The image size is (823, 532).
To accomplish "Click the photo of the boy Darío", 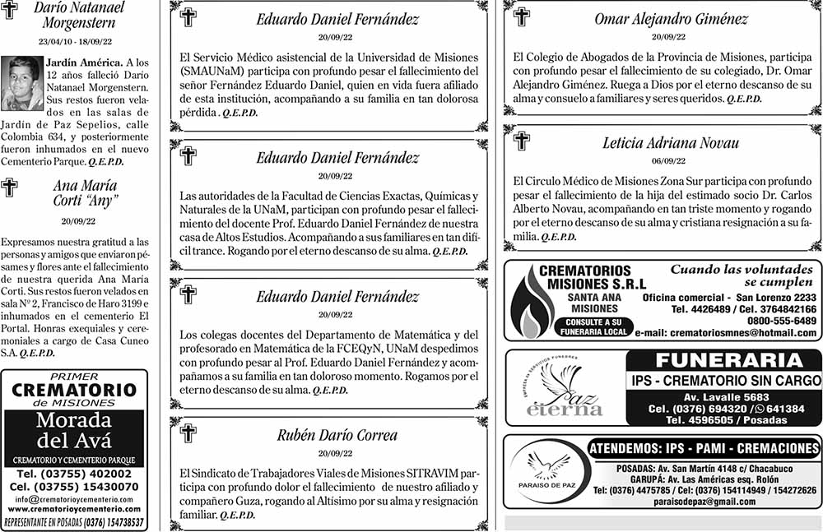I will [22, 83].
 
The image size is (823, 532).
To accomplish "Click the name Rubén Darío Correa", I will [337, 435].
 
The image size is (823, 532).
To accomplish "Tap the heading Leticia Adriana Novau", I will [670, 142].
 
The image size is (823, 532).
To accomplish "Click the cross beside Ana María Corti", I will [10, 188].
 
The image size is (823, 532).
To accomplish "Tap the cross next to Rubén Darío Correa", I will [188, 433].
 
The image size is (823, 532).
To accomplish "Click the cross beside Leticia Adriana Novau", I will [522, 141].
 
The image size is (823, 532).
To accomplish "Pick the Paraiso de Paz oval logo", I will [545, 471].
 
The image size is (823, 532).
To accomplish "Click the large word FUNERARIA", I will [723, 361].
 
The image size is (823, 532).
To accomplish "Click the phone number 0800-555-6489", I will [782, 321].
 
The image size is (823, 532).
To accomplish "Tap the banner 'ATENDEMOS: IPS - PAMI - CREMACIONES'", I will [704, 449].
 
